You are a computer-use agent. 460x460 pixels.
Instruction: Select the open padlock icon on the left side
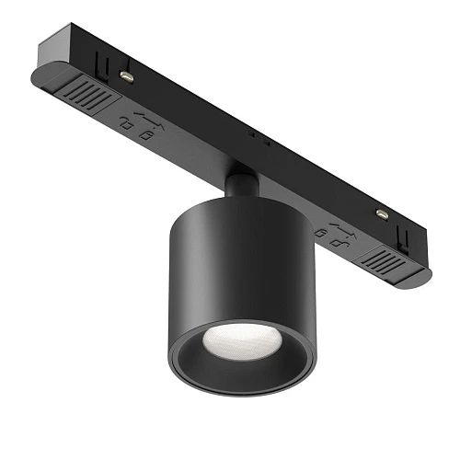(125, 121)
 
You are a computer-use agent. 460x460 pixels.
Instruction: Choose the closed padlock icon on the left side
(145, 134)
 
